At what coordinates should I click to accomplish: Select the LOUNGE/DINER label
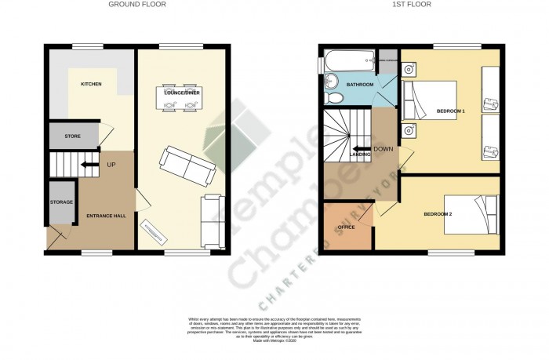180,93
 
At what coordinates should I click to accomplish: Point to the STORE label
72,136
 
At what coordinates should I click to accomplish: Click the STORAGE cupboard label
61,202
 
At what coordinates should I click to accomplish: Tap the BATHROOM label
360,84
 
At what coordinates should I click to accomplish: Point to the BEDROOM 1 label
451,111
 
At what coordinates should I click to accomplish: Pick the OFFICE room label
346,227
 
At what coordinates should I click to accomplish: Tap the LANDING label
361,155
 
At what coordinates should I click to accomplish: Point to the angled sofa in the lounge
187,163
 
